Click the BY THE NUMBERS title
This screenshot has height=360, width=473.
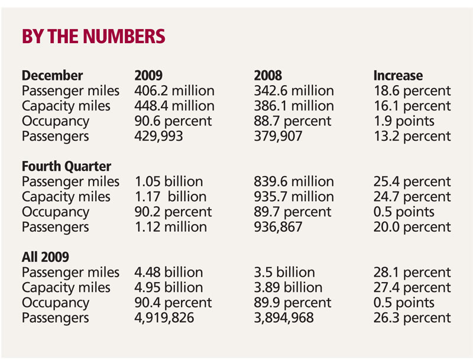pos(93,37)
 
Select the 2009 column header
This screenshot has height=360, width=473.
pos(149,76)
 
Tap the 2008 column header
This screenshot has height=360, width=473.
pos(268,76)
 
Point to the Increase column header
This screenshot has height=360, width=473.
pos(398,76)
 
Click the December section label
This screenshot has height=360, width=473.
pos(52,76)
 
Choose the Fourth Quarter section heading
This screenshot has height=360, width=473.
pos(66,167)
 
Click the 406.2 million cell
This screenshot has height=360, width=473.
pos(174,91)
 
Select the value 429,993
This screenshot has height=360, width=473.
pos(159,137)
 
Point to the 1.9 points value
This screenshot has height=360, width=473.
pos(404,121)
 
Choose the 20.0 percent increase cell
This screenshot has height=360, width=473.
pos(412,227)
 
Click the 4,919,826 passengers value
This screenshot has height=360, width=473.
pos(165,318)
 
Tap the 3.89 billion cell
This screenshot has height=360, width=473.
pos(288,288)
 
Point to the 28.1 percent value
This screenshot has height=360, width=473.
pos(412,273)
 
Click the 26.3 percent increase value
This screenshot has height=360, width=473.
pos(412,318)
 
